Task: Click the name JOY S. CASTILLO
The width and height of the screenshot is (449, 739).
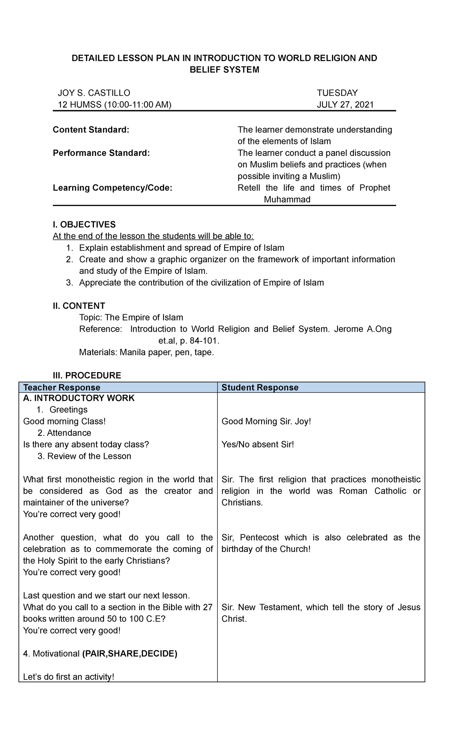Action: pyautogui.click(x=94, y=93)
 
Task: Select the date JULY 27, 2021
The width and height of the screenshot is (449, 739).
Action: pyautogui.click(x=345, y=104)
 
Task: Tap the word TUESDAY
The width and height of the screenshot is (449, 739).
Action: pyautogui.click(x=337, y=93)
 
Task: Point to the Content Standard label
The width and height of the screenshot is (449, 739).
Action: pyautogui.click(x=91, y=130)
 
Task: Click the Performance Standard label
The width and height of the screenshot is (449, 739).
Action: pyautogui.click(x=101, y=153)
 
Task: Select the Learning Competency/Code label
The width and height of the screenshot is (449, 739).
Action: pyautogui.click(x=113, y=188)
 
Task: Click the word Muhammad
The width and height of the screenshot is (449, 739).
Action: pyautogui.click(x=287, y=199)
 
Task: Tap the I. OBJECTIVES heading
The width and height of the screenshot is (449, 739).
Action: pyautogui.click(x=84, y=224)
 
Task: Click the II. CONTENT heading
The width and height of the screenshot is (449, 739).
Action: pyautogui.click(x=79, y=306)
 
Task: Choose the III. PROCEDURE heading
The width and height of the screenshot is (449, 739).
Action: pyautogui.click(x=87, y=375)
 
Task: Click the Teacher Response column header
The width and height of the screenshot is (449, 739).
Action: pyautogui.click(x=62, y=387)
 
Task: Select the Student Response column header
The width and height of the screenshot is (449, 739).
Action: pyautogui.click(x=260, y=387)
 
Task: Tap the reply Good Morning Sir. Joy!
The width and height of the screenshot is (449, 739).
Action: pyautogui.click(x=266, y=421)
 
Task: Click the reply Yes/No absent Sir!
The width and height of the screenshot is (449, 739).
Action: pyautogui.click(x=258, y=445)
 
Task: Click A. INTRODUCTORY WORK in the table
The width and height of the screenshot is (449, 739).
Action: pyautogui.click(x=79, y=398)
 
